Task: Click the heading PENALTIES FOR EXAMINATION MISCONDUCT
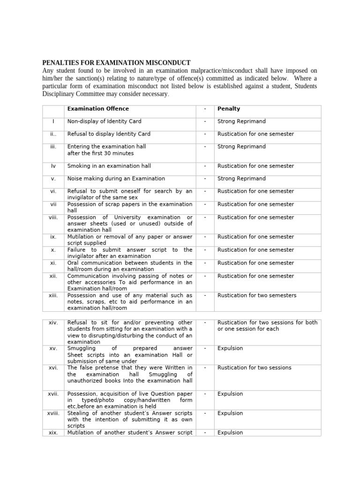pyautogui.click(x=116, y=63)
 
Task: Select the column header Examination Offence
pyautogui.click(x=98, y=109)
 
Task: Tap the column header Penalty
pyautogui.click(x=229, y=109)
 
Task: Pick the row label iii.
pyautogui.click(x=53, y=147)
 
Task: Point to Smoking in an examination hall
pyautogui.click(x=109, y=166)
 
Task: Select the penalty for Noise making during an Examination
pyautogui.click(x=241, y=179)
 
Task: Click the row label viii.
pyautogui.click(x=53, y=217)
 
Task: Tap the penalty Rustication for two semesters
pyautogui.click(x=257, y=295)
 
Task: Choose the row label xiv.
pyautogui.click(x=53, y=322)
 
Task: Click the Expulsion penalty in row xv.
pyautogui.click(x=230, y=349)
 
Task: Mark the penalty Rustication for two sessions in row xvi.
pyautogui.click(x=255, y=367)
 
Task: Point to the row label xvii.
pyautogui.click(x=53, y=394)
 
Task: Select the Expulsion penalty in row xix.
pyautogui.click(x=230, y=433)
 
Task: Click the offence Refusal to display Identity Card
pyautogui.click(x=109, y=134)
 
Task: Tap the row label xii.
pyautogui.click(x=53, y=276)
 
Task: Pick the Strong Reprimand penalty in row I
pyautogui.click(x=241, y=121)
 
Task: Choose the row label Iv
pyautogui.click(x=53, y=166)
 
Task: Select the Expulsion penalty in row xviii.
pyautogui.click(x=230, y=413)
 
